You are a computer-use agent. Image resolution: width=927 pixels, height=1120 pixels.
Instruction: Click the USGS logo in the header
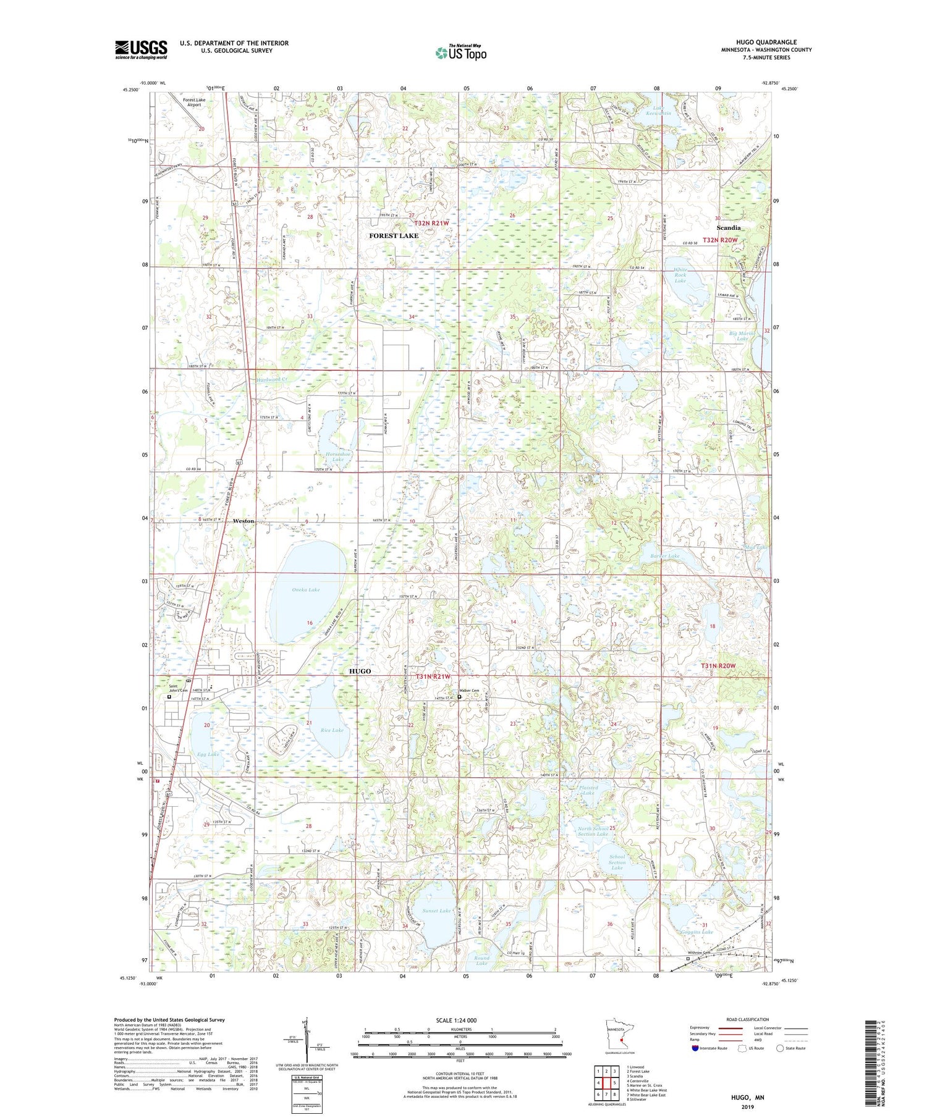pos(141,49)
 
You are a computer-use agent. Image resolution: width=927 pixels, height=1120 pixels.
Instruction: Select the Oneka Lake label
pos(305,590)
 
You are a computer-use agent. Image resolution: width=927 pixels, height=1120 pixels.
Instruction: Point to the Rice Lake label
pos(332,730)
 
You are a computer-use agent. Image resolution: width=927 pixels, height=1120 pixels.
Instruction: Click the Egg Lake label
pos(208,754)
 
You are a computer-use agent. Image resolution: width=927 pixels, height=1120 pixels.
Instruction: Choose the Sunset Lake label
pos(436,911)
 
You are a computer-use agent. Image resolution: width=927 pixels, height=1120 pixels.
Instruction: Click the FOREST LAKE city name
pos(394,235)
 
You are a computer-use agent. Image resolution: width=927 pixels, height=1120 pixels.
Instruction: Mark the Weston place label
pos(243,521)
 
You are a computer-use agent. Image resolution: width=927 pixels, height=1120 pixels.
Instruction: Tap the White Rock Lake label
pos(680,275)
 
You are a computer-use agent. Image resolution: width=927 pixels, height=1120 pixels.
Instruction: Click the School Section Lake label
pos(617,862)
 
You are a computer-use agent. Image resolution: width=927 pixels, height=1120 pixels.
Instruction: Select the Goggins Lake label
pos(698,932)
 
